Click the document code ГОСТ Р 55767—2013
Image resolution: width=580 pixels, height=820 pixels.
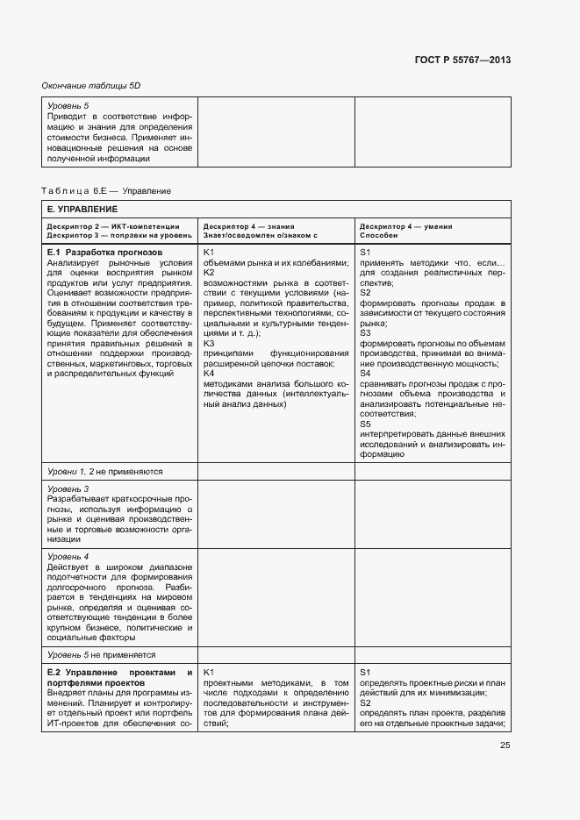462,61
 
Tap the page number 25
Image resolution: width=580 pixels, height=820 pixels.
505,745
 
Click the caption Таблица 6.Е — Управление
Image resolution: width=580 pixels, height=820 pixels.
106,190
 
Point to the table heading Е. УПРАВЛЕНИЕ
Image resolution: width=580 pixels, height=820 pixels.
82,209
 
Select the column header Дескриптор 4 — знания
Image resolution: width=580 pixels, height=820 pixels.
249,226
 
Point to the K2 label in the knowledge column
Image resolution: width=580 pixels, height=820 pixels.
209,273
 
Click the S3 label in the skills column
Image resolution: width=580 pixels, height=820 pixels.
366,333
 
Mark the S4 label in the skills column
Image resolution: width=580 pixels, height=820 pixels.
366,374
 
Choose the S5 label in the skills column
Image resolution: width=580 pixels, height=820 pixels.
366,424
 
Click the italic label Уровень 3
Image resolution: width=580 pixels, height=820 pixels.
68,488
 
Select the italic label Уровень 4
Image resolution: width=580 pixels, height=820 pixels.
68,556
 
